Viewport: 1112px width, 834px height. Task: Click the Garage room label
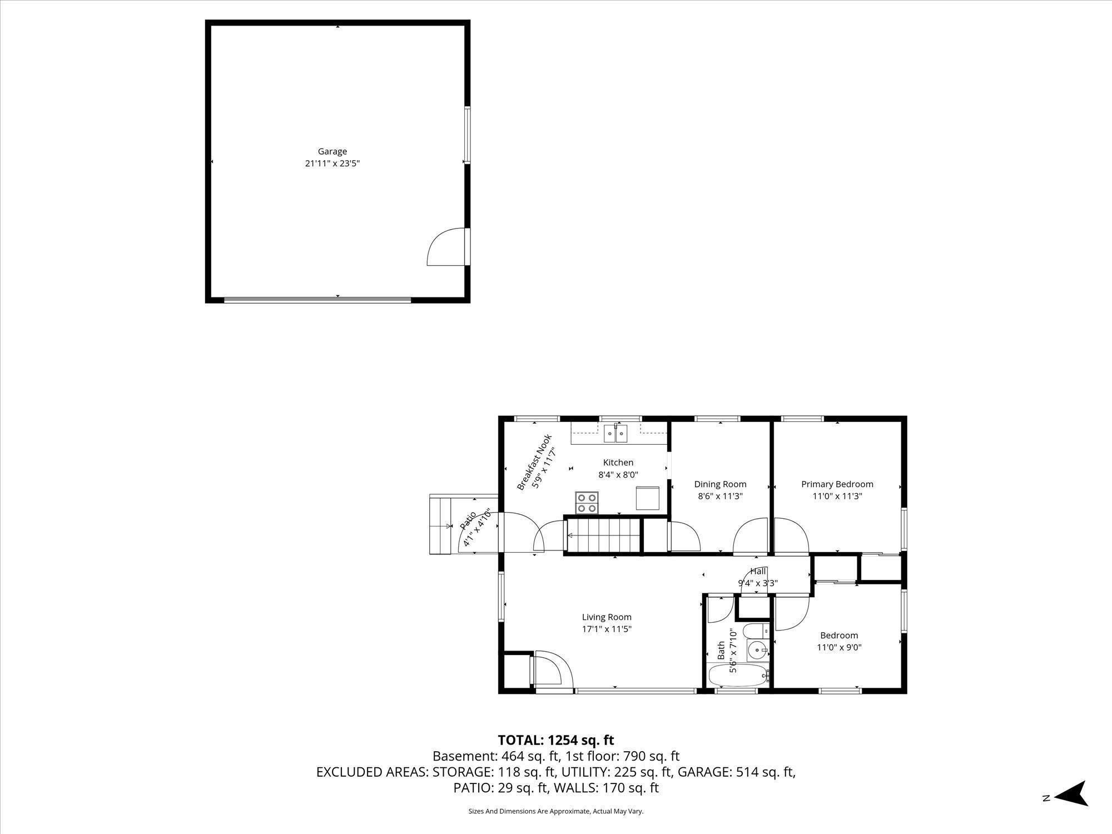click(x=332, y=151)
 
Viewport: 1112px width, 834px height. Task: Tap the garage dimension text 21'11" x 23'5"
click(x=332, y=163)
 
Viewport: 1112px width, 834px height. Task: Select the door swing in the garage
click(x=446, y=247)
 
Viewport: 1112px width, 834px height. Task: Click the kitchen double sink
click(x=615, y=433)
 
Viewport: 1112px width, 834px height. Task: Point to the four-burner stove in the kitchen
click(x=587, y=503)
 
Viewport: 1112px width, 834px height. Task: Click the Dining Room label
click(x=720, y=484)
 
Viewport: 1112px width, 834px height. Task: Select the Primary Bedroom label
click(x=837, y=484)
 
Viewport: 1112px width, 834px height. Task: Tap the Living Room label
click(x=607, y=617)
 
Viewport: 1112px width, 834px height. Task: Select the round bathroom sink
click(x=757, y=649)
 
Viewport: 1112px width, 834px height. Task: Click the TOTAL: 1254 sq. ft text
click(x=556, y=740)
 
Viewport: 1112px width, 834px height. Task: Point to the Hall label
click(x=758, y=571)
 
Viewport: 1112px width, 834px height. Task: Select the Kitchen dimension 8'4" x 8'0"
click(x=618, y=475)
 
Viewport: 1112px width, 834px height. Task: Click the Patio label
click(x=468, y=520)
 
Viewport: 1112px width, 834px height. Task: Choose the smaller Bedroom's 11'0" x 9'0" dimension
click(x=839, y=647)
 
